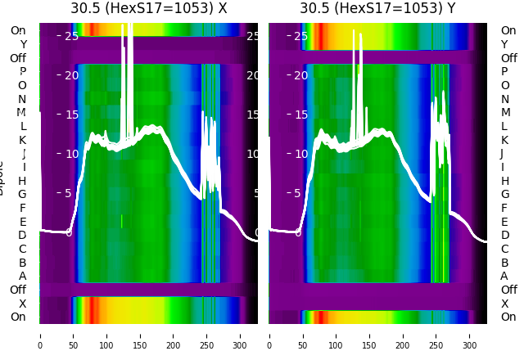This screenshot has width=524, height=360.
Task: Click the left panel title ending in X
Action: tap(148, 9)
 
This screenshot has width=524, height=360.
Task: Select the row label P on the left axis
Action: tap(22, 72)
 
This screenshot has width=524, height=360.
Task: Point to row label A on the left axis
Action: tap(22, 276)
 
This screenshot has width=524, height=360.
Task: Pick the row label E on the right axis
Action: tap(504, 222)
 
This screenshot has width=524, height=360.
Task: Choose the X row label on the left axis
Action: tap(22, 304)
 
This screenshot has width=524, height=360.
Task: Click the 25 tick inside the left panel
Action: tap(71, 36)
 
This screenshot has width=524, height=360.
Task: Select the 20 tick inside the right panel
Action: tap(300, 75)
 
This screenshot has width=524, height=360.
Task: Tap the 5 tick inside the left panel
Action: tap(68, 193)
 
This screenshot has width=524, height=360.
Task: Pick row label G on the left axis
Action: tap(22, 194)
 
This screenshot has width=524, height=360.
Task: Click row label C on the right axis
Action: tap(504, 249)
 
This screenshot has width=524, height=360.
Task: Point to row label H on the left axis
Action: tap(22, 181)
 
